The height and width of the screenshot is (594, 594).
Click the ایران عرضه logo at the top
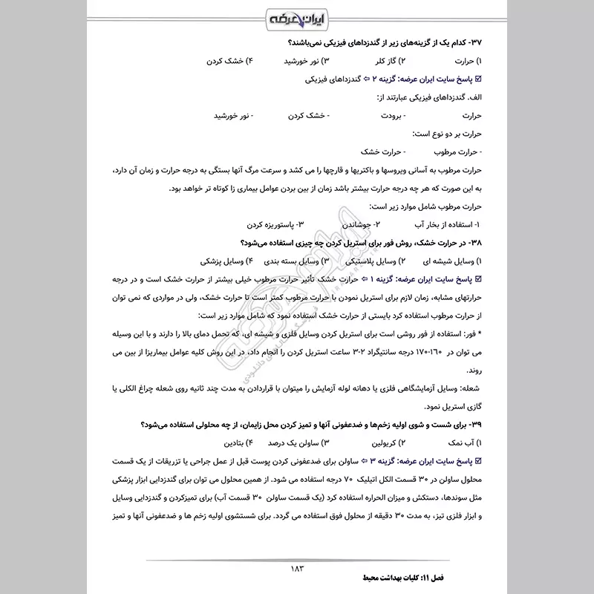tap(296, 17)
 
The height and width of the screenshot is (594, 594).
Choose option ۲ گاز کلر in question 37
tap(379, 59)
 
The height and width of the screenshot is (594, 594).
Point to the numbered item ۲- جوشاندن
tap(362, 223)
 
